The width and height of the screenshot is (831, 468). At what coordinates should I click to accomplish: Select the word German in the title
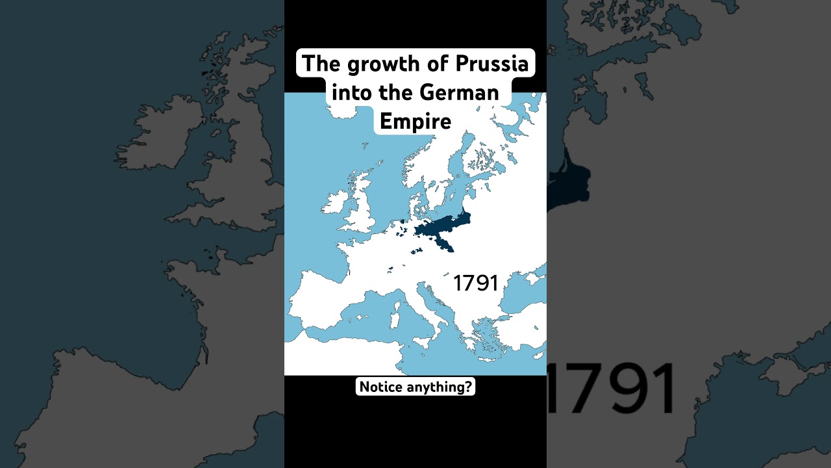coord(460,92)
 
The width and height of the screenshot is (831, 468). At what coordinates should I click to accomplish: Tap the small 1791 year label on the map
coord(475,283)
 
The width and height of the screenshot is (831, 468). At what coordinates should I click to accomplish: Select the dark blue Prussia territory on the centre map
coord(438,229)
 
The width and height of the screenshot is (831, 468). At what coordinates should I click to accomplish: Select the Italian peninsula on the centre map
coord(432,305)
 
